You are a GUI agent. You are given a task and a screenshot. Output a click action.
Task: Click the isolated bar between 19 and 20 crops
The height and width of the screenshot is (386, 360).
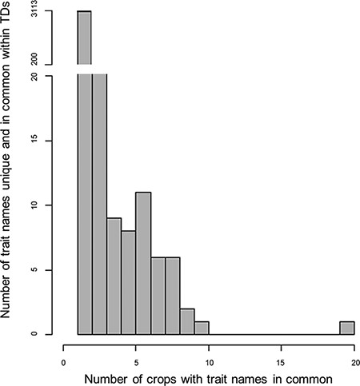(347, 328)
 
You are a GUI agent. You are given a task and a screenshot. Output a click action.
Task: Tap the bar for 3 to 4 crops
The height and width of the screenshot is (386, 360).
(114, 276)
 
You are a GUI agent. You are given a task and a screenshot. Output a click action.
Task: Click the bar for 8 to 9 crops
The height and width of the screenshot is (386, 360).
(187, 321)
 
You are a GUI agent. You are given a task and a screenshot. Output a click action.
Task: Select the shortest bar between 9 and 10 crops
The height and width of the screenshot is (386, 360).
(202, 328)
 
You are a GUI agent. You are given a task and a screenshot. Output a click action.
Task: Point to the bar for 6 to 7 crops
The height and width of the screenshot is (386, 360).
(158, 295)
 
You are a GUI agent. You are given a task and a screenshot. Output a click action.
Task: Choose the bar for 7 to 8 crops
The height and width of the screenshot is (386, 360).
(173, 295)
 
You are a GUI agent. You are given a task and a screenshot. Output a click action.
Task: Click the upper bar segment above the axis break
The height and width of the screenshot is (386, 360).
(85, 38)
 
